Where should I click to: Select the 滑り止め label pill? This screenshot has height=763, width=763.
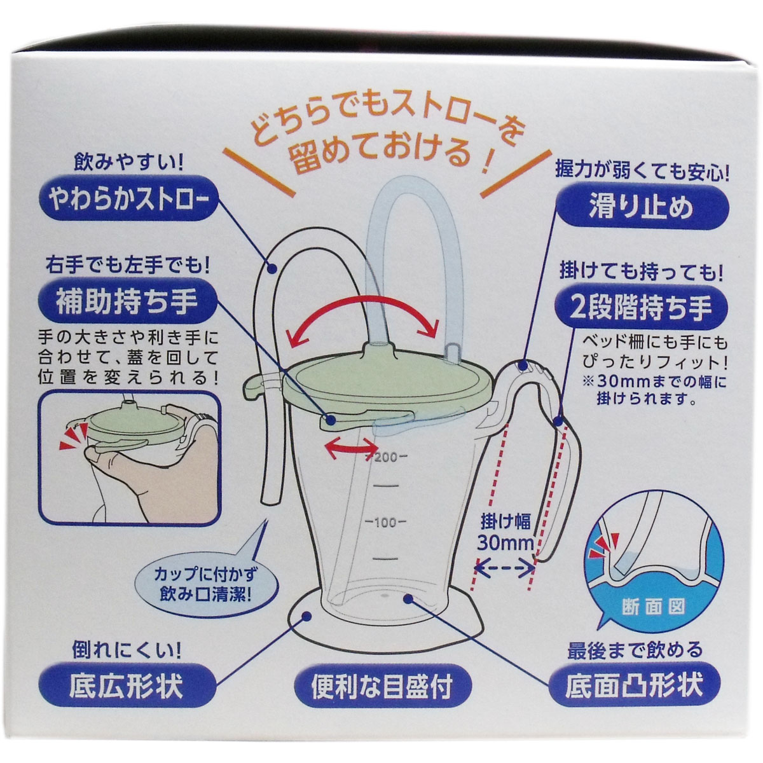tap(642, 207)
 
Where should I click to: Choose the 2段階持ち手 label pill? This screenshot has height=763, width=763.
tap(641, 308)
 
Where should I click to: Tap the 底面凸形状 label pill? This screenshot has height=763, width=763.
tap(634, 675)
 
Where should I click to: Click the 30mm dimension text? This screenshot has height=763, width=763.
tap(505, 544)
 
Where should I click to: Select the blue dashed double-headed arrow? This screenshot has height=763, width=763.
tap(505, 569)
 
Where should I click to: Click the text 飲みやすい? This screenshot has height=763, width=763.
tap(129, 163)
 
